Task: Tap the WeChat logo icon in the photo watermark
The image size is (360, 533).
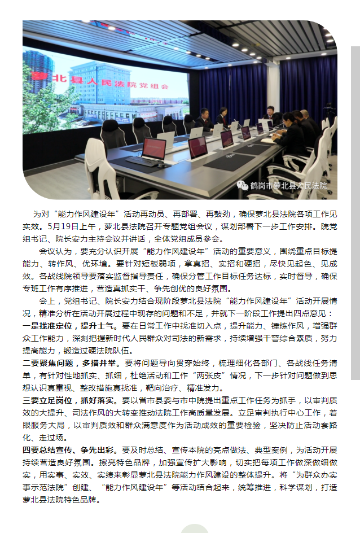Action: [242, 185]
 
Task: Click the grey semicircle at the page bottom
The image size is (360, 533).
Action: [194, 528]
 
